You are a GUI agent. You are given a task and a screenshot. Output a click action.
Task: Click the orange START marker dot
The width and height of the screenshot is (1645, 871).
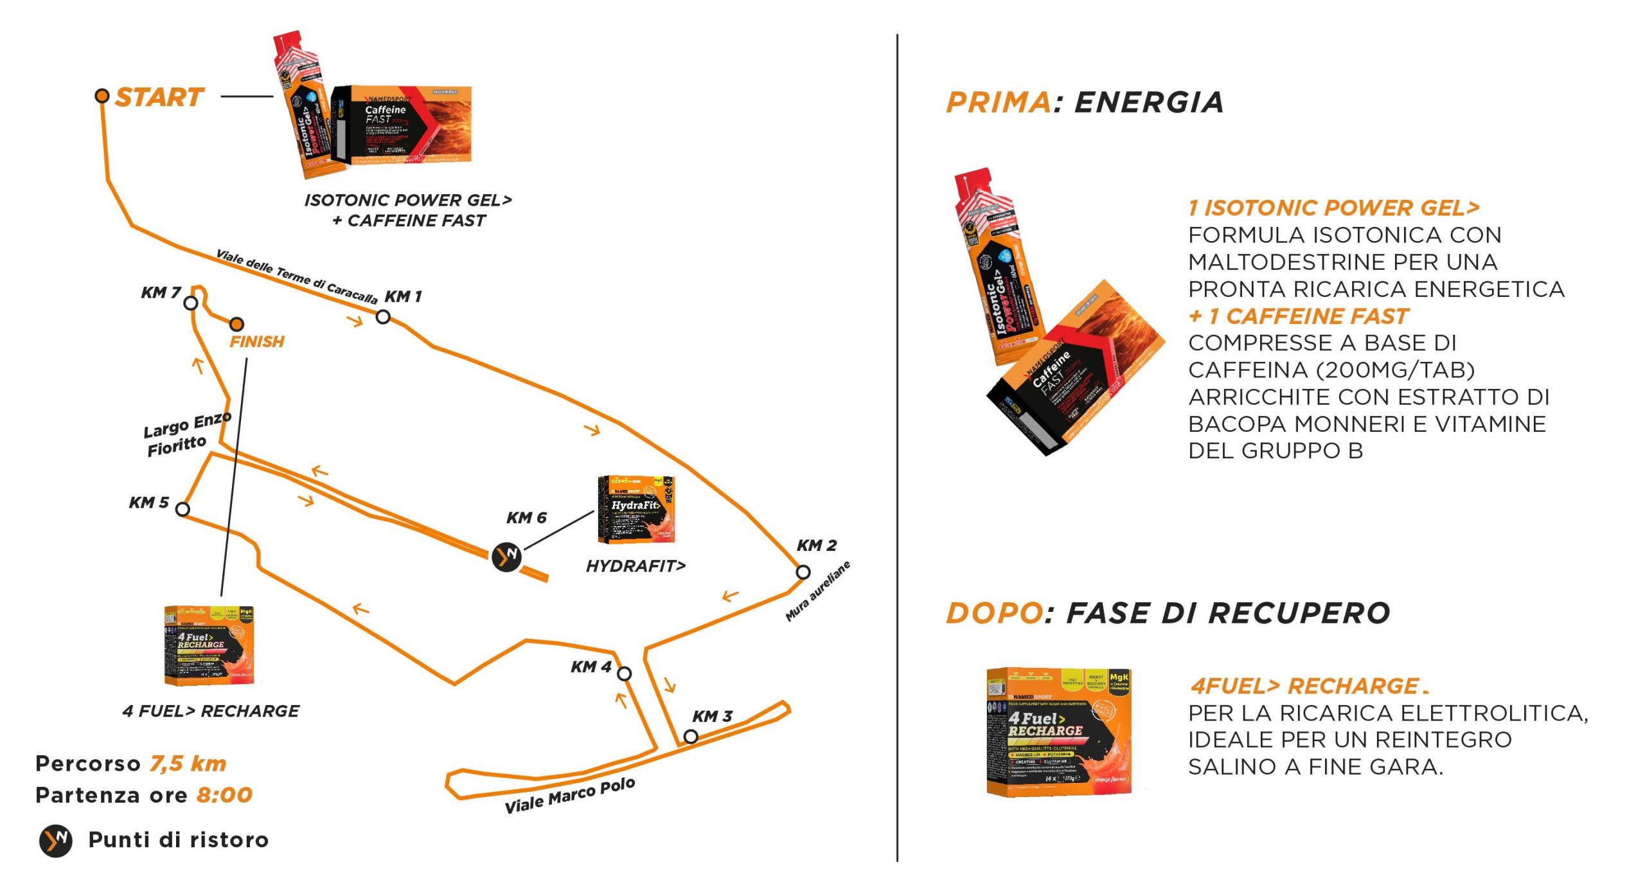[x=102, y=96]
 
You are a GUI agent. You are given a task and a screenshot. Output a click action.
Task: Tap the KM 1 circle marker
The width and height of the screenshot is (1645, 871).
[x=383, y=316]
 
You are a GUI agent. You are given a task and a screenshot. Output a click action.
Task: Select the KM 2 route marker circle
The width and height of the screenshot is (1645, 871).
[x=803, y=571]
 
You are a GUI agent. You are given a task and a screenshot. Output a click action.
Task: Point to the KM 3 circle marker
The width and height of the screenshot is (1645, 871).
[x=691, y=736]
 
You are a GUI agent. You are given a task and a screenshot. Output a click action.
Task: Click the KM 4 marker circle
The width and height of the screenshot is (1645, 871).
[x=624, y=674]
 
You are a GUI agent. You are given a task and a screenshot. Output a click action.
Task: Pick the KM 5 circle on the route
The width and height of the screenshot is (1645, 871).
[x=182, y=509]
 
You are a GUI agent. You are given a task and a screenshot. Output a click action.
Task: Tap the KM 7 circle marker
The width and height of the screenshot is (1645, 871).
[x=191, y=303]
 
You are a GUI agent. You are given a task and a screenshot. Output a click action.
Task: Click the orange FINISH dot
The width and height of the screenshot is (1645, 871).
[x=236, y=325]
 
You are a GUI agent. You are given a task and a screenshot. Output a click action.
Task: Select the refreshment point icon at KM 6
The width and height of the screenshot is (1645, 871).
[x=506, y=556]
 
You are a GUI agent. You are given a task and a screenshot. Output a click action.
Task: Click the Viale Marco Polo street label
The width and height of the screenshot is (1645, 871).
[x=569, y=796]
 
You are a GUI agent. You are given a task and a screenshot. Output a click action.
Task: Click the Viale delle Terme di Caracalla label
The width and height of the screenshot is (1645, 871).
[x=296, y=276]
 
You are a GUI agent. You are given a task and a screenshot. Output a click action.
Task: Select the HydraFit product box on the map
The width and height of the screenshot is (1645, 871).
[x=636, y=510]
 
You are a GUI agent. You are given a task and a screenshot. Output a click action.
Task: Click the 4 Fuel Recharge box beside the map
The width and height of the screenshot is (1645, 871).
[x=209, y=645]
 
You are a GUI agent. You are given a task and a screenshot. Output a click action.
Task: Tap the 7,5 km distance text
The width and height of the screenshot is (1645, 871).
[x=188, y=764]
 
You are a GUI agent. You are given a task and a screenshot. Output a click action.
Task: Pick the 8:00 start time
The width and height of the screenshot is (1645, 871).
[x=224, y=795]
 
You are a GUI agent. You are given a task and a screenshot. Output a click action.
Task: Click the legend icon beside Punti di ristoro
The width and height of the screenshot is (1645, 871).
[x=56, y=840]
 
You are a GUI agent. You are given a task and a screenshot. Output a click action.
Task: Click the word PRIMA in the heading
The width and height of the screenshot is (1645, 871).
[x=998, y=103]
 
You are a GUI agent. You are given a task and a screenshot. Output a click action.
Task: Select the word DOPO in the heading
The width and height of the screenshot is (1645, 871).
[x=993, y=613]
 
